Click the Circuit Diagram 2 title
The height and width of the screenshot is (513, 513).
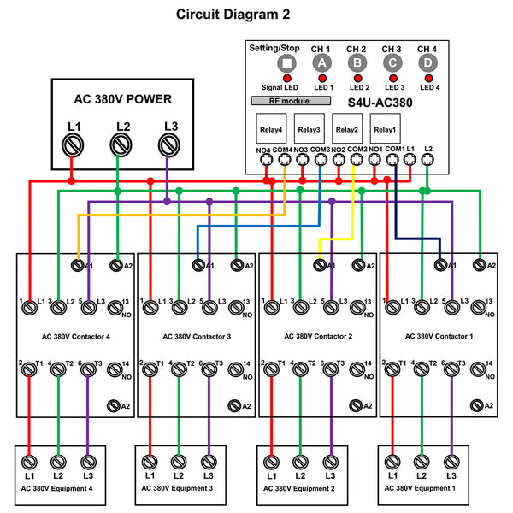point(233,15)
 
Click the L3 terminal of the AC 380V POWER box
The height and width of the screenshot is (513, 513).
point(170,147)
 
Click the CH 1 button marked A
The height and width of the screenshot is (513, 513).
point(322,63)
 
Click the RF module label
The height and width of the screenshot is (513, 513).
point(290,101)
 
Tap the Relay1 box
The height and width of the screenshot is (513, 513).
point(385,130)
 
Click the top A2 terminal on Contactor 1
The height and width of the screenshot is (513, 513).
point(481,266)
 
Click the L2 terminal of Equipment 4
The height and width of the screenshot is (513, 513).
point(57,462)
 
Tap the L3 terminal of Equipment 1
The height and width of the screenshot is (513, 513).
point(451,462)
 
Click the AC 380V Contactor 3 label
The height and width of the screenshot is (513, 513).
point(198,337)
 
